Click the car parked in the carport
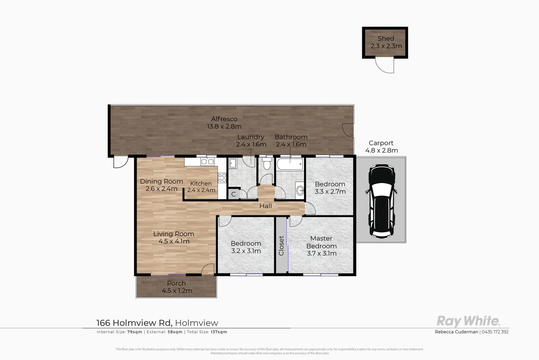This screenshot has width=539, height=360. tap(381, 201)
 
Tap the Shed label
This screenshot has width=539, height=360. tap(386, 39)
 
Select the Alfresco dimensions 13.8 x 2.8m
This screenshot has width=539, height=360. tap(224, 127)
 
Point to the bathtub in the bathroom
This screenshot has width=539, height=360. tap(290, 164)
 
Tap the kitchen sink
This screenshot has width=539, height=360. tap(207, 162)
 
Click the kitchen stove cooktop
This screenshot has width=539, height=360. tap(222, 178)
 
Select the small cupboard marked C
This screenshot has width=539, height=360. tap(234, 194)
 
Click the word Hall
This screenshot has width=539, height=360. tap(266, 206)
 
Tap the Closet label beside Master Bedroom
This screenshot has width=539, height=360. tap(281, 246)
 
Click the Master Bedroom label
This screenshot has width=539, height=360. tap(321, 242)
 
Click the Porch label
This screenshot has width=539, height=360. tap(176, 283)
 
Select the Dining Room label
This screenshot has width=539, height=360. tap(162, 182)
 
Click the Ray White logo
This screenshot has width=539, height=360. tap(468, 321)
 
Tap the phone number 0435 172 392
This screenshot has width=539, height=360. tap(495, 332)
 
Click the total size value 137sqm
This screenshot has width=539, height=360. tap(219, 332)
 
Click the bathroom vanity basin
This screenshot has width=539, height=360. tap(300, 191)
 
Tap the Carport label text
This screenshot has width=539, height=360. tap(381, 143)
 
